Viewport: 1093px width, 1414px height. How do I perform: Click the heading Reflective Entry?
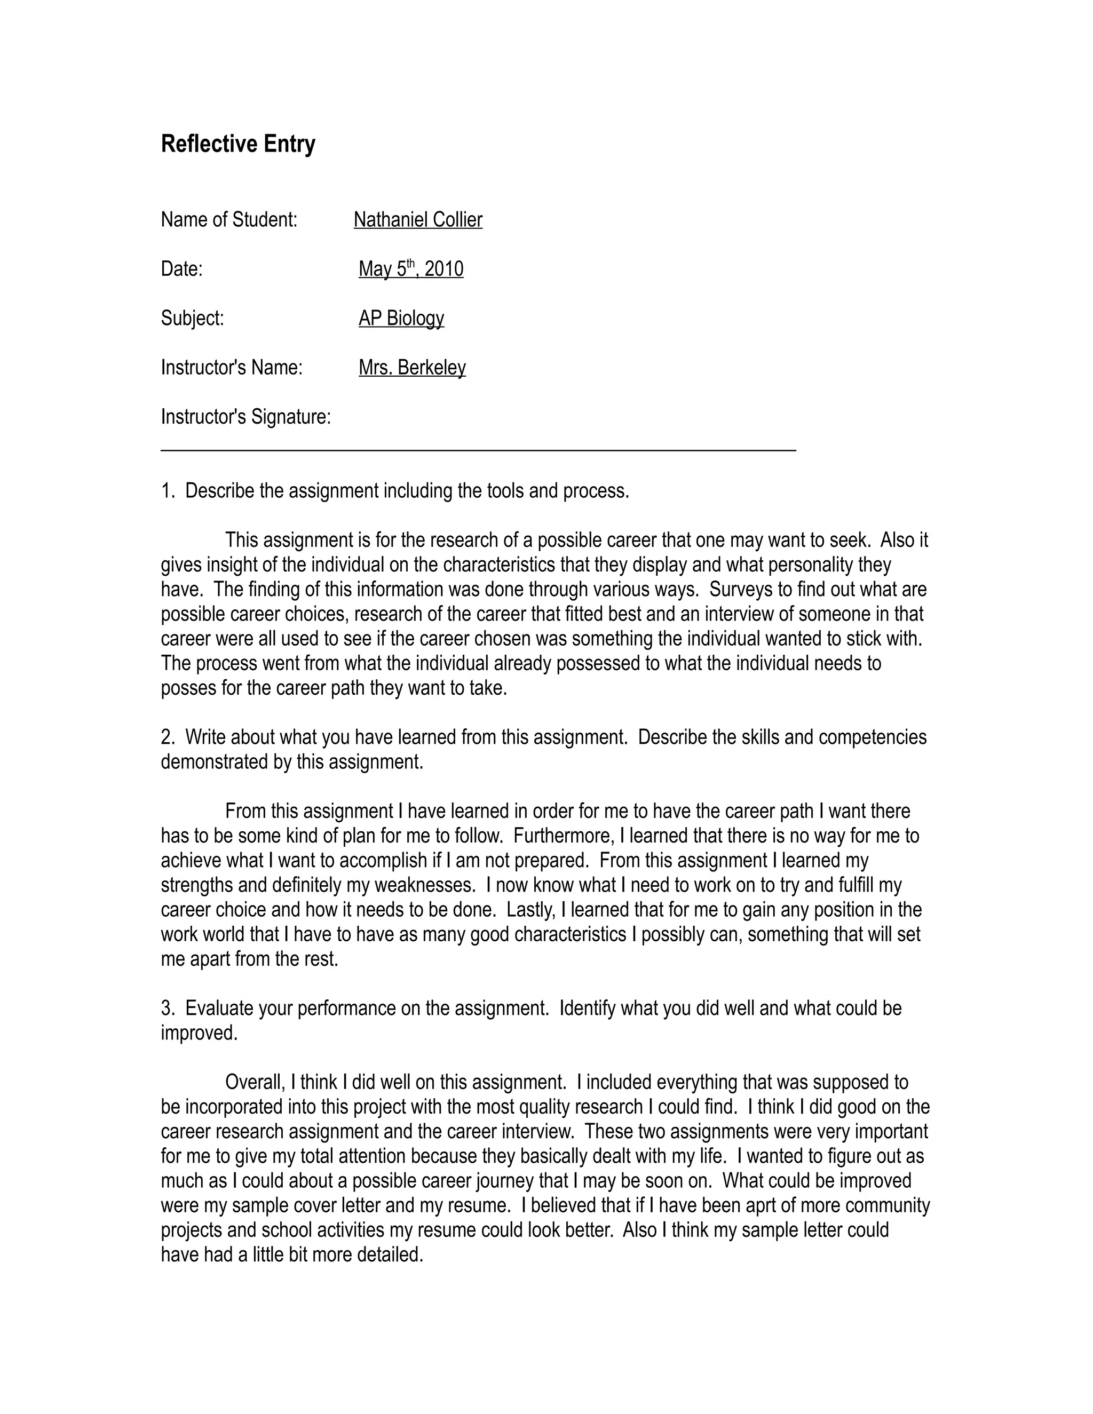pos(237,144)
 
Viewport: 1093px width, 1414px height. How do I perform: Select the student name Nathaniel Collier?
pos(418,220)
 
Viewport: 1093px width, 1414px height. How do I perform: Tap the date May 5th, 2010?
pos(410,269)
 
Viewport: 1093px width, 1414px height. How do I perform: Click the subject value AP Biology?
pos(401,319)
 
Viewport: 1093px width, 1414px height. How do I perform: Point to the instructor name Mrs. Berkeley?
pos(412,368)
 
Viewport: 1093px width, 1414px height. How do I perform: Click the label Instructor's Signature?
pos(245,417)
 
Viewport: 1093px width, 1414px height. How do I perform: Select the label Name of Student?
pos(228,220)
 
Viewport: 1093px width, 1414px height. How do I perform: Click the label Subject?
pos(192,319)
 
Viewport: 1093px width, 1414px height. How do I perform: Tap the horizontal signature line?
pos(478,449)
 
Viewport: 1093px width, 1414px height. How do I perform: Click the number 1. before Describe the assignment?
pos(168,491)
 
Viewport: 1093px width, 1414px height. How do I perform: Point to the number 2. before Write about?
pos(168,737)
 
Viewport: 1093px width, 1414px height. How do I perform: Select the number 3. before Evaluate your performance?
pos(168,1008)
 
